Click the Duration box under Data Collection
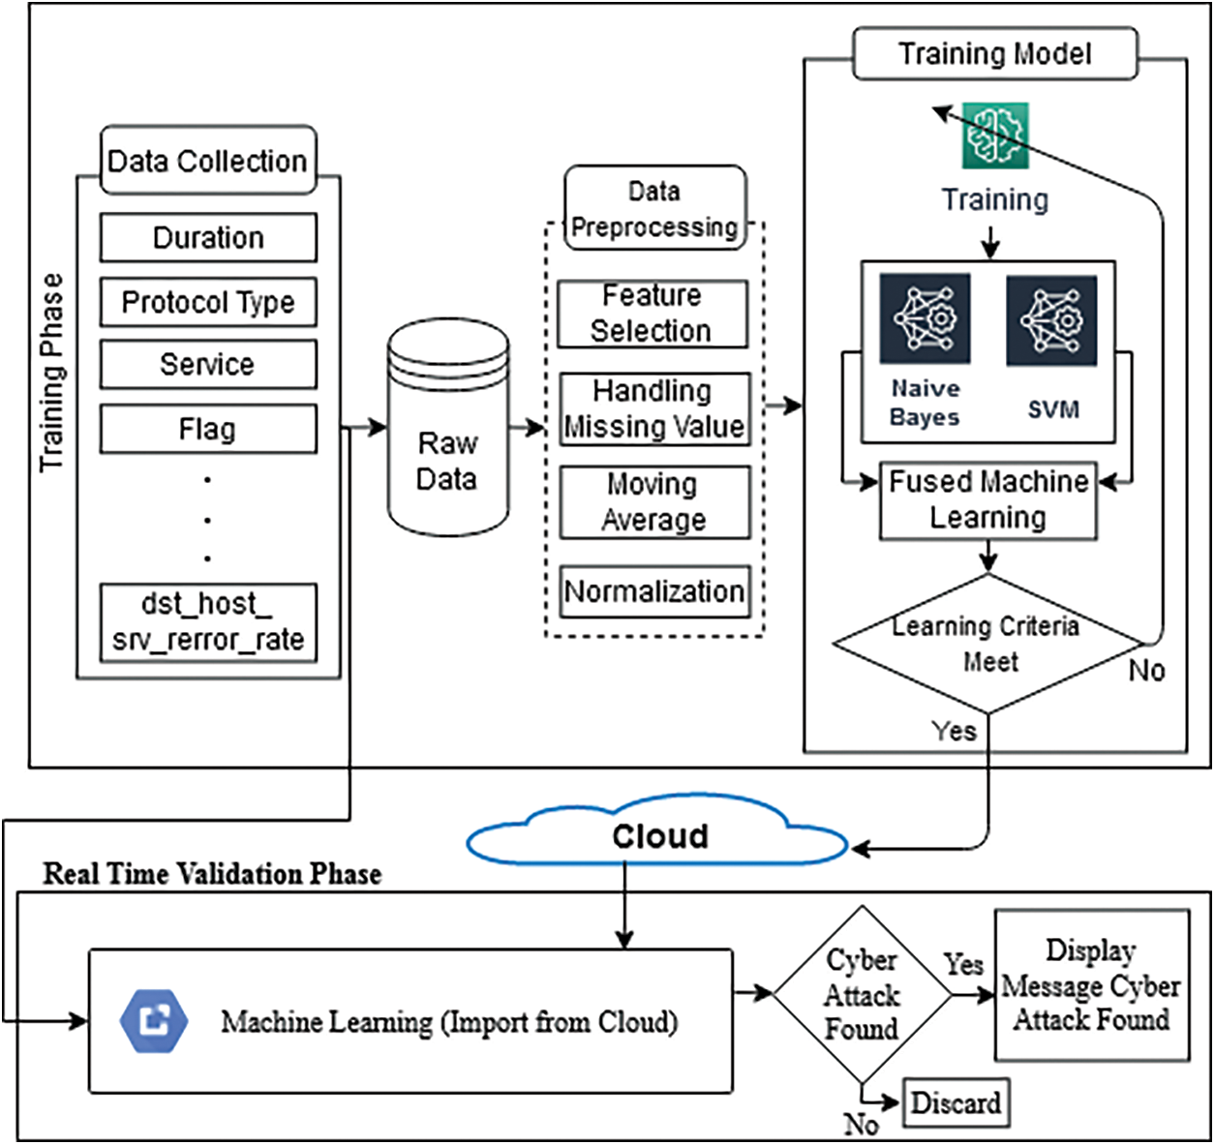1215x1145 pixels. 208,238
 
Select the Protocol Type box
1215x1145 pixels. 208,303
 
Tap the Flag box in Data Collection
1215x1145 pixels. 208,429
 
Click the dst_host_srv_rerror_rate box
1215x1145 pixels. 208,622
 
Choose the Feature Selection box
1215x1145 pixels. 653,314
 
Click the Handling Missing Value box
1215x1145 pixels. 654,408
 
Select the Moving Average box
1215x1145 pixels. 654,502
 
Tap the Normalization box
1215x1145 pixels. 654,591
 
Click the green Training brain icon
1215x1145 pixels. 995,136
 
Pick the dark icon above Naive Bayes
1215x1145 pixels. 925,318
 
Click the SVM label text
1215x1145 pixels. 1053,409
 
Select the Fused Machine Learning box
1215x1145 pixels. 988,500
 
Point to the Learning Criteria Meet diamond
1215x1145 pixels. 987,645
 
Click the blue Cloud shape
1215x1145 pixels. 658,835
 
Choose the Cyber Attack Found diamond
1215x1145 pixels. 862,994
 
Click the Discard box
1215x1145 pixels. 956,1102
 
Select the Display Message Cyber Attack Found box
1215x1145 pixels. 1091,985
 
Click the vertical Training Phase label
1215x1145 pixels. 51,373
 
